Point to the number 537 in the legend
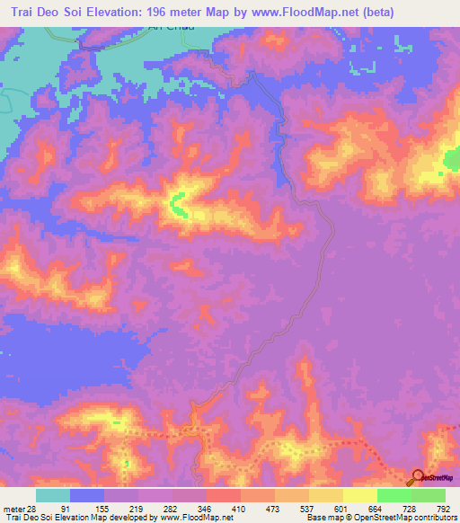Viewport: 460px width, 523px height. click(305, 509)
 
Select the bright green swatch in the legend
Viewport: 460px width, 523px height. click(394, 496)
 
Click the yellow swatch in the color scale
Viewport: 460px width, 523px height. click(360, 496)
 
